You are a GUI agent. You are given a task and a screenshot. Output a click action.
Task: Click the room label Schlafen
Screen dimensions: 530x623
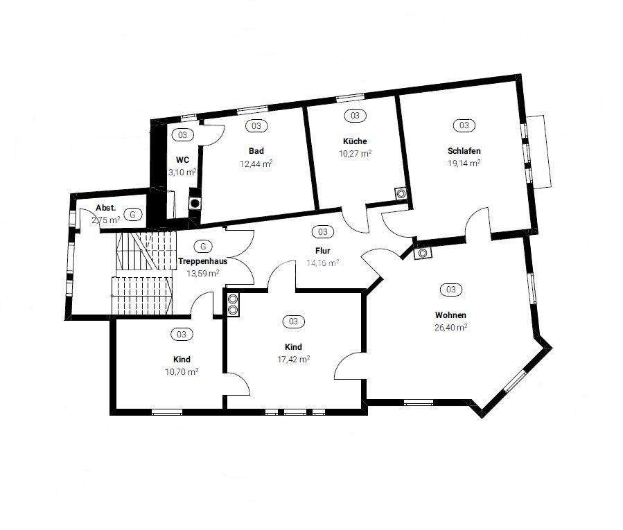464,150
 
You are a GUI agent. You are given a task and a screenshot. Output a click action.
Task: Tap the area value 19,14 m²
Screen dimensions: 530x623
464,164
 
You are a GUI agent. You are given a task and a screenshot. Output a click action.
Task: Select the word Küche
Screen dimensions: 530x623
354,141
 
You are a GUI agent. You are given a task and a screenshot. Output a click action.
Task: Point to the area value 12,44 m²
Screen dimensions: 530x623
256,164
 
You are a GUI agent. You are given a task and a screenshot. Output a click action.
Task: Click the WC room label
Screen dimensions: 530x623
182,159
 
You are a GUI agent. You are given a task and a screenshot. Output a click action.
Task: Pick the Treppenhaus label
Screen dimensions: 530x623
202,261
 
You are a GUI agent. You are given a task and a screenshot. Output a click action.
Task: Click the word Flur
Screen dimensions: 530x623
322,251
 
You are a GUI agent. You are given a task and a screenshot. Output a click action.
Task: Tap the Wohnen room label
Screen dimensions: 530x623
450,315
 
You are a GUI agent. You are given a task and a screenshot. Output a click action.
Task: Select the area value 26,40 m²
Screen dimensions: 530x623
450,328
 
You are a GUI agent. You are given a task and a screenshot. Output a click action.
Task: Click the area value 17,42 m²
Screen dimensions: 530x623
293,360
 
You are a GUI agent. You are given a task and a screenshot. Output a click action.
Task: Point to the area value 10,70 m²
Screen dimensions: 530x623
182,372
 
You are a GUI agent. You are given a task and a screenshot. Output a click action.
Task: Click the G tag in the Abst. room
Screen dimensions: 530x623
134,214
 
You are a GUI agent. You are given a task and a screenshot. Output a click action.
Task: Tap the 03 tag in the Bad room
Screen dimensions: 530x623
256,125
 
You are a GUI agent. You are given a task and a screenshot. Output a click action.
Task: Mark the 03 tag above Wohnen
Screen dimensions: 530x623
451,290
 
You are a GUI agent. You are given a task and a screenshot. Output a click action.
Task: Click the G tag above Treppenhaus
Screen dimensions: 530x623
202,246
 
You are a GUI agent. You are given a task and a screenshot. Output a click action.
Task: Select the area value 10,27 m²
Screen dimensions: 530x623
355,154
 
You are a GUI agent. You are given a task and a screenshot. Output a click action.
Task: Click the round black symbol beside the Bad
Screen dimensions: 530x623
196,204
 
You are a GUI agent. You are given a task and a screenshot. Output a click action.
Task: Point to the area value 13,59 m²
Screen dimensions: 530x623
203,273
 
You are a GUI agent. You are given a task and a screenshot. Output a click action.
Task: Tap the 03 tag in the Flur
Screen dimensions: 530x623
322,231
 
